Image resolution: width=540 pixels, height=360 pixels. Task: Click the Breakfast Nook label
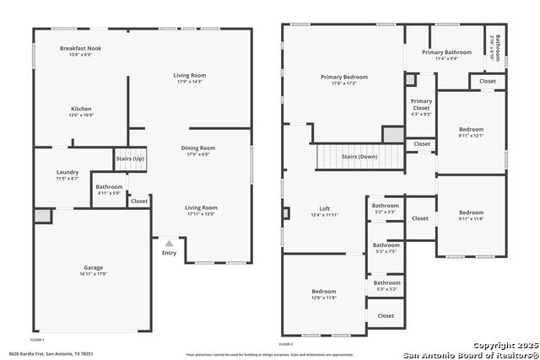pyautogui.click(x=81, y=49)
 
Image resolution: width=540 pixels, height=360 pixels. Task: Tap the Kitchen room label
pyautogui.click(x=81, y=109)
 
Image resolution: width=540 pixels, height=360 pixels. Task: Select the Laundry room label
pyautogui.click(x=67, y=175)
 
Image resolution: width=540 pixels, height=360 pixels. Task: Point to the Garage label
pyautogui.click(x=93, y=268)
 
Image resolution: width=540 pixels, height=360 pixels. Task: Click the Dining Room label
pyautogui.click(x=198, y=148)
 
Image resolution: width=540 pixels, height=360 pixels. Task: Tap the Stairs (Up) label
pyautogui.click(x=130, y=159)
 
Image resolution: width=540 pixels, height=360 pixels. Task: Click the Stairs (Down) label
pyautogui.click(x=359, y=157)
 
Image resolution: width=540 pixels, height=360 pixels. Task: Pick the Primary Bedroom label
pyautogui.click(x=343, y=78)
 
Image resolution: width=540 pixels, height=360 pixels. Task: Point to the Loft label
pyautogui.click(x=325, y=208)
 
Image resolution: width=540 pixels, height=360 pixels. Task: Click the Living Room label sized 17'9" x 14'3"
pyautogui.click(x=190, y=75)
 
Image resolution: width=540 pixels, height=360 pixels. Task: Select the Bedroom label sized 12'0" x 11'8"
pyautogui.click(x=324, y=292)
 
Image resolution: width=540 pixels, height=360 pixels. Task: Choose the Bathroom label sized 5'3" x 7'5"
pyautogui.click(x=386, y=245)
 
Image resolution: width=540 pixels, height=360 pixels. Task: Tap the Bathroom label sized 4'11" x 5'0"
pyautogui.click(x=109, y=187)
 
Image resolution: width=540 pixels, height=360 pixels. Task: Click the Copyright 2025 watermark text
pyautogui.click(x=504, y=346)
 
